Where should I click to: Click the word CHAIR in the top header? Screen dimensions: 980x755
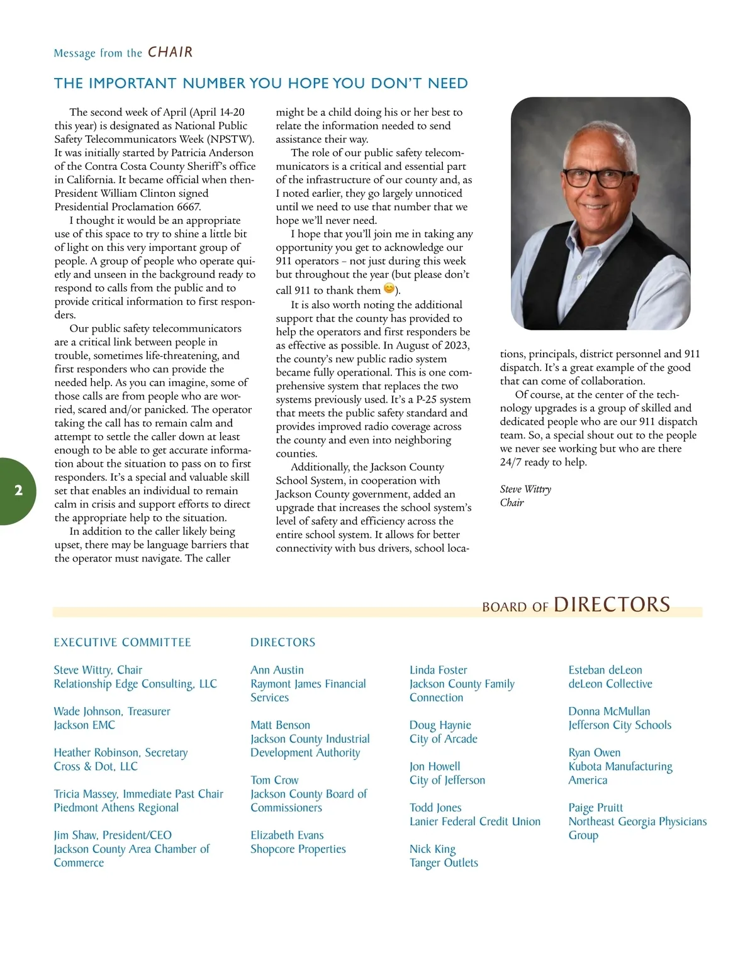170,52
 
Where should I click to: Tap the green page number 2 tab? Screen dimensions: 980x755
18,491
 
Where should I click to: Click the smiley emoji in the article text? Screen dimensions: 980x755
389,289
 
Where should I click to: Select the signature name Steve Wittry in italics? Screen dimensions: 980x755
525,489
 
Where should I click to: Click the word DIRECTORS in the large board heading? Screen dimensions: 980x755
612,604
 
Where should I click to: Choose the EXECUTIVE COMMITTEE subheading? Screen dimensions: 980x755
122,642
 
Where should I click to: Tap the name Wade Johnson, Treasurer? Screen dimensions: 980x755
112,711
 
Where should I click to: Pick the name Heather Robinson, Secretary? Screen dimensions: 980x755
121,752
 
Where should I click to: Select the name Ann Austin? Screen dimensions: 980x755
277,670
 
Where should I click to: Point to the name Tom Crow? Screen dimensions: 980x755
274,780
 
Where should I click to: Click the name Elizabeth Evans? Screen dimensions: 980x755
287,835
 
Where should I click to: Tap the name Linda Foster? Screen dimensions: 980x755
438,670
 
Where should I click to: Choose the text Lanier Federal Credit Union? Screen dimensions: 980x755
475,821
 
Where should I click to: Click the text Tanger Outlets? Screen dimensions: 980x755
444,863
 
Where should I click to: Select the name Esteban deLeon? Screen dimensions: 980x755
605,670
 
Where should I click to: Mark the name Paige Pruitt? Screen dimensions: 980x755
595,808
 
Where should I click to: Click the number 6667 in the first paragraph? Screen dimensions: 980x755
189,207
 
